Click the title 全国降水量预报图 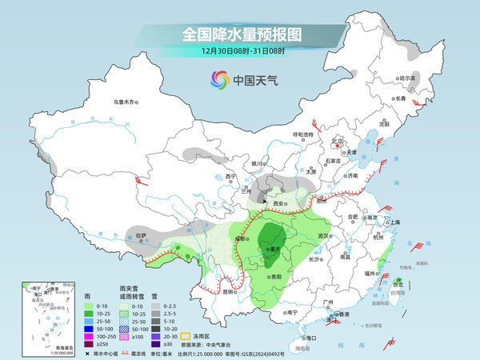[240, 35]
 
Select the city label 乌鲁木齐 [126, 102]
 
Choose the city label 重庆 [275, 249]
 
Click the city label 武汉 [323, 236]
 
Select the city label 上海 [394, 222]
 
